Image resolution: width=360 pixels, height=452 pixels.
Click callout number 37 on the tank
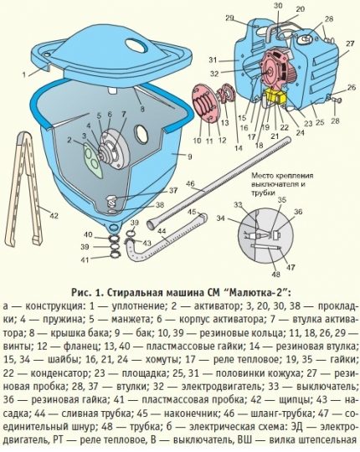pyautogui.click(x=173, y=190)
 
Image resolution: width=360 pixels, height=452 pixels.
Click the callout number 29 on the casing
pyautogui.click(x=229, y=18)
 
